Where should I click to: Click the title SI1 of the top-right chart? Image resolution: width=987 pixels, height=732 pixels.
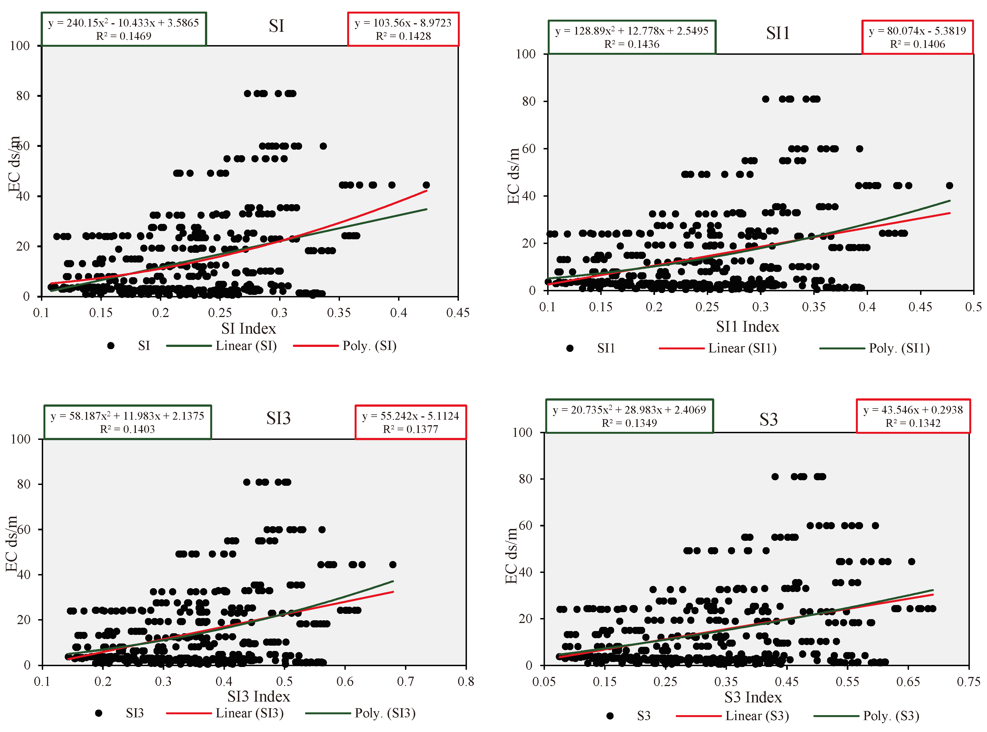tap(778, 33)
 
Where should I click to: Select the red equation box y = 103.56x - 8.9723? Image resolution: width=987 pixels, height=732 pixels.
tap(403, 29)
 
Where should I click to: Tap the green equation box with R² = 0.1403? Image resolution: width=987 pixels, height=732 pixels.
tap(127, 422)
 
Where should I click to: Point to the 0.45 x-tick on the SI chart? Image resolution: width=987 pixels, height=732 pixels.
tap(457, 313)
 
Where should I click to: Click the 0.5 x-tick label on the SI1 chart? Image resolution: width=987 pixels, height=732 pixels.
tap(973, 307)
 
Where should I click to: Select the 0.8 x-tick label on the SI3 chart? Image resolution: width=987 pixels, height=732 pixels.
tap(465, 681)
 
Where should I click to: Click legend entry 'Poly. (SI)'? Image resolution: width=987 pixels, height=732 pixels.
tap(369, 346)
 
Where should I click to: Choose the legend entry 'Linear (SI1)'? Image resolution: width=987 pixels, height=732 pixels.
tap(742, 348)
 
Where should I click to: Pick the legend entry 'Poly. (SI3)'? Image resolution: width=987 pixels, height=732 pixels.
tap(385, 713)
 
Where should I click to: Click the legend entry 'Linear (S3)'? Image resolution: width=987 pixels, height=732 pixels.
tap(757, 716)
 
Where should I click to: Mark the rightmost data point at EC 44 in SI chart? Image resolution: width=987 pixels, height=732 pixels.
tap(426, 185)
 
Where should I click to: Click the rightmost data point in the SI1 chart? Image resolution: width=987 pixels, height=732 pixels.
tap(949, 186)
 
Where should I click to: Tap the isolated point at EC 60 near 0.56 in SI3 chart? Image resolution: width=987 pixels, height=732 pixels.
tap(322, 529)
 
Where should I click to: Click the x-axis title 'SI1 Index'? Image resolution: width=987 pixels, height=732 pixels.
tap(747, 326)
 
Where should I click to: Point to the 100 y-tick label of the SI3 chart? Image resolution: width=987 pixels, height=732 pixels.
tap(20, 439)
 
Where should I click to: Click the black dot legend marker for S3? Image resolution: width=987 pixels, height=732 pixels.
tap(610, 716)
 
